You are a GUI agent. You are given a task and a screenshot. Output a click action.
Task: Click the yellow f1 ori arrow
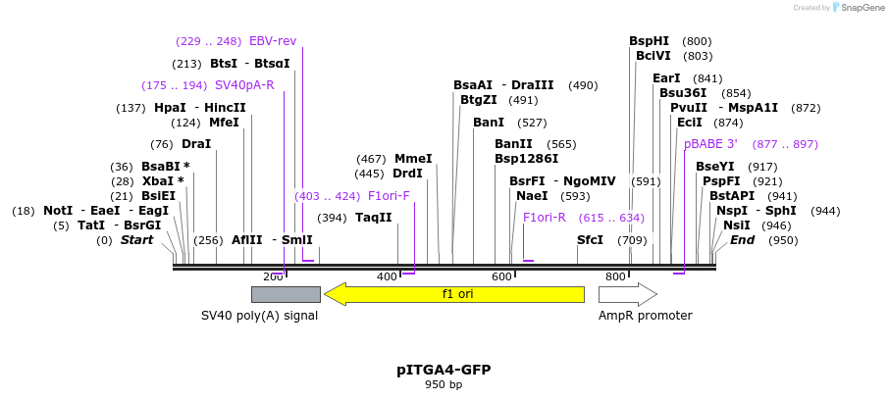(x=454, y=294)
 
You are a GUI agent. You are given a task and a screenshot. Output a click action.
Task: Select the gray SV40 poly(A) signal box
(x=286, y=294)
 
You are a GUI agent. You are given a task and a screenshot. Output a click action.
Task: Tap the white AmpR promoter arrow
(x=627, y=294)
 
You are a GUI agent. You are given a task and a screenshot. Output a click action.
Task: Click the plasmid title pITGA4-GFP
(x=444, y=370)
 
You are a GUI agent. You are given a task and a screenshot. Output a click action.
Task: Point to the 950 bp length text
(x=444, y=384)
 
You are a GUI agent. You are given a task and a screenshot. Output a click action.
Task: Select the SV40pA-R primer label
(x=244, y=85)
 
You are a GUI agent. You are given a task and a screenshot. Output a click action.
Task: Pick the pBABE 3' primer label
(x=710, y=144)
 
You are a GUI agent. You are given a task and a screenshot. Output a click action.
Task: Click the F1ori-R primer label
(x=545, y=218)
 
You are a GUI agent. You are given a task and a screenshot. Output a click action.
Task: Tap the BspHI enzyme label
(x=649, y=41)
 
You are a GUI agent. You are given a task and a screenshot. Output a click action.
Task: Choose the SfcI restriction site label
(x=590, y=240)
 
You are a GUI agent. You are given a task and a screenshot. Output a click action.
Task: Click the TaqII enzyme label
(x=374, y=218)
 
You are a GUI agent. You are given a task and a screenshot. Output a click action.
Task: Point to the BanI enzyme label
(x=489, y=123)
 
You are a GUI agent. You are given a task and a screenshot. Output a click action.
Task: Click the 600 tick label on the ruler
(x=501, y=277)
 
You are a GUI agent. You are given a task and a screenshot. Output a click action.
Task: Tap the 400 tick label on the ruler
(x=387, y=277)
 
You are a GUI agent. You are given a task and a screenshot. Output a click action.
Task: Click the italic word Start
(x=136, y=240)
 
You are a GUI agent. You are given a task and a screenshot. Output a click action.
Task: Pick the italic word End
(x=743, y=240)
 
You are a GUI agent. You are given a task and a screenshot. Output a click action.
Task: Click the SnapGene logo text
(x=857, y=8)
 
